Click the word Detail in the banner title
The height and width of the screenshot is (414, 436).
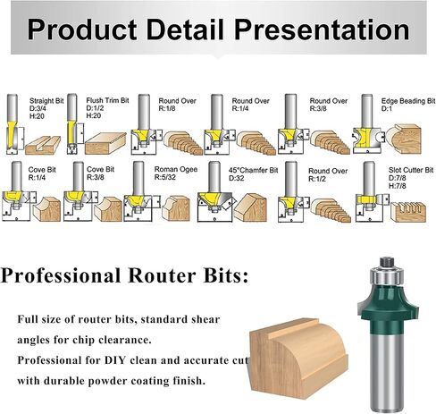(x=185, y=30)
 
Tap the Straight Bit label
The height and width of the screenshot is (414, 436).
(x=46, y=101)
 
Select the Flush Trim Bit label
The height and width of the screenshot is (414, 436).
(x=107, y=100)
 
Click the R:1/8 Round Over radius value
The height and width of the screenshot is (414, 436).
(x=167, y=108)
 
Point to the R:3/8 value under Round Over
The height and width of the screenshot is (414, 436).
(x=318, y=108)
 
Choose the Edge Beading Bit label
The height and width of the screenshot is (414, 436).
(x=408, y=101)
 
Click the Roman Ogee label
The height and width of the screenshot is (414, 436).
(x=176, y=169)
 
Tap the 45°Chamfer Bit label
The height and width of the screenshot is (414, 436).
(x=253, y=170)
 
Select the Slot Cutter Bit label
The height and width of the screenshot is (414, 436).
(x=411, y=170)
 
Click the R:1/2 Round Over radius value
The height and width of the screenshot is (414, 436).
(x=317, y=179)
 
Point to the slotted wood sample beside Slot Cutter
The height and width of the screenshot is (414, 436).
(x=408, y=212)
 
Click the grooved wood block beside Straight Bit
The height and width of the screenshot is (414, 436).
(x=43, y=145)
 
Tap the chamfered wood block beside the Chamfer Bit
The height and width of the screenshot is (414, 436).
(x=250, y=207)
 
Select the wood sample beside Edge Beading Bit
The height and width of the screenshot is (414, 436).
(x=404, y=139)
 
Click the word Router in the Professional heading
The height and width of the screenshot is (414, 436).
(x=162, y=275)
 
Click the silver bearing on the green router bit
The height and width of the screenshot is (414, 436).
(x=387, y=275)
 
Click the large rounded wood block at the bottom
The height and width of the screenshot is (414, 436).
(x=298, y=358)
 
